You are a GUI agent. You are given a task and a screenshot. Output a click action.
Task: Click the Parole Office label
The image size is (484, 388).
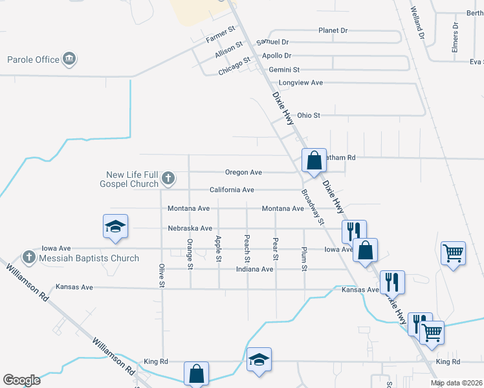33,60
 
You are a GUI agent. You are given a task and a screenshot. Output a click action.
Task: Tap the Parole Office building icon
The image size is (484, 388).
69,59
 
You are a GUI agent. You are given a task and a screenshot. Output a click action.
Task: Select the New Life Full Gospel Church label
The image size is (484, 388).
133,179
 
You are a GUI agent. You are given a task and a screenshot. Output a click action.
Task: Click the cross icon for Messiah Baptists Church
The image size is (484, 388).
28,257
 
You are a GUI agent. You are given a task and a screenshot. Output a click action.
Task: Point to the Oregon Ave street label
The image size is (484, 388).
243,173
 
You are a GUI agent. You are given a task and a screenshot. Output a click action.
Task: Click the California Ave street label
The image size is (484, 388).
232,190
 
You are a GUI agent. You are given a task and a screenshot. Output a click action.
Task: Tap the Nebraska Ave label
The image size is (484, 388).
190,228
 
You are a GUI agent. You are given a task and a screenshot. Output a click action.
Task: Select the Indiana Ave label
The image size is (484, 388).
254,269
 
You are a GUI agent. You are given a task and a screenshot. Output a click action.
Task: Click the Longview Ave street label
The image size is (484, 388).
300,83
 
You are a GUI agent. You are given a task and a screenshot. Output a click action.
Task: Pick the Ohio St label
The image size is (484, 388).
309,116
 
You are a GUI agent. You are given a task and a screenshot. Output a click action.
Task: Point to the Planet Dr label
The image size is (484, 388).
333,30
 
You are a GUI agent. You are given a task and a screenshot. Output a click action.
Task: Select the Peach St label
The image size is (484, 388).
247,249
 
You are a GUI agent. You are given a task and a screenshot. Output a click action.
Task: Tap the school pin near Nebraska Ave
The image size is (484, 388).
116,227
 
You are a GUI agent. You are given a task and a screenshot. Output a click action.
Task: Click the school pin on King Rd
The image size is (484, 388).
259,360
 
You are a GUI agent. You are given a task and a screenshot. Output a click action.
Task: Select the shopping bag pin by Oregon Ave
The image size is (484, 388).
314,160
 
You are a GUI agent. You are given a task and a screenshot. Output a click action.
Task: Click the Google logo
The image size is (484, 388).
21,380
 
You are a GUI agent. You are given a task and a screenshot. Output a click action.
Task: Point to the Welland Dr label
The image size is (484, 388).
418,23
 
